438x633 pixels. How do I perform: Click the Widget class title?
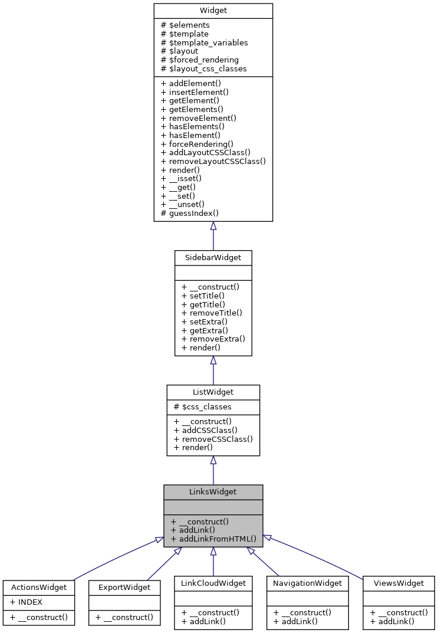(213, 11)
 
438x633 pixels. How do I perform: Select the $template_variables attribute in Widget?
(204, 42)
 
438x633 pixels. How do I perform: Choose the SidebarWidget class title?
(213, 258)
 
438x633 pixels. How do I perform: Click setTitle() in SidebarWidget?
(203, 295)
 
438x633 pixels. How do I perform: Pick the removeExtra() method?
(213, 339)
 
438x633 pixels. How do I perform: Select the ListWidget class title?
(213, 392)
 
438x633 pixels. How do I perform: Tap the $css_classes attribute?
(202, 406)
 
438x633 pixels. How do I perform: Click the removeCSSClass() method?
(213, 439)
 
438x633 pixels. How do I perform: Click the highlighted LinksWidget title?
(213, 491)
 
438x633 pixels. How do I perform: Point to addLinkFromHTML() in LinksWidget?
(213, 538)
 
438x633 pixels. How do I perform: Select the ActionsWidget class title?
(39, 587)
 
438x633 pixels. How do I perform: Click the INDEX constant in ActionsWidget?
(26, 602)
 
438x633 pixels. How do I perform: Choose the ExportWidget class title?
(124, 587)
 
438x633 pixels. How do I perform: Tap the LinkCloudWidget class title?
(213, 583)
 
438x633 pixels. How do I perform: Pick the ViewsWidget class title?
(399, 583)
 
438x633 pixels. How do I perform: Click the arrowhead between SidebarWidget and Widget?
(213, 226)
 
